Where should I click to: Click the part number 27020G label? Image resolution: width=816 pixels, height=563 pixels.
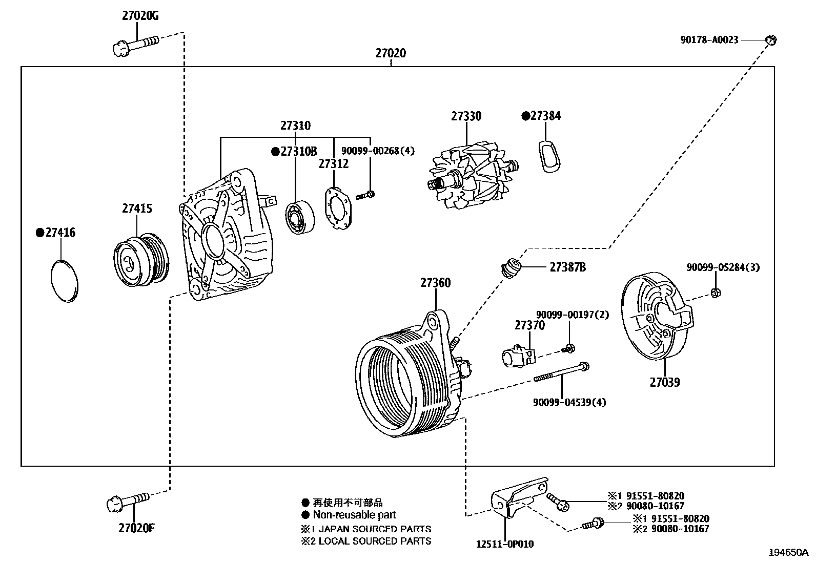(140, 16)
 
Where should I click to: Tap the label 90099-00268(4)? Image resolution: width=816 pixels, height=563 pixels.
(378, 151)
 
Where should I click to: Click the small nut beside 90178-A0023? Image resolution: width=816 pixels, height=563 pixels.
(771, 39)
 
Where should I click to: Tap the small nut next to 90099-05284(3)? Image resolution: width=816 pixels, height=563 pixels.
(716, 293)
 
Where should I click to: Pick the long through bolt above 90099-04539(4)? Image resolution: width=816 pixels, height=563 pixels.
(561, 372)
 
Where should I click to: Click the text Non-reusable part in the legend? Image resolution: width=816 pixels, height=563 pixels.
(354, 515)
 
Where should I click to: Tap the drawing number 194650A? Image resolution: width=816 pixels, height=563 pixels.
(787, 553)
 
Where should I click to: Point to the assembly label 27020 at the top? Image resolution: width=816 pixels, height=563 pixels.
(391, 53)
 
